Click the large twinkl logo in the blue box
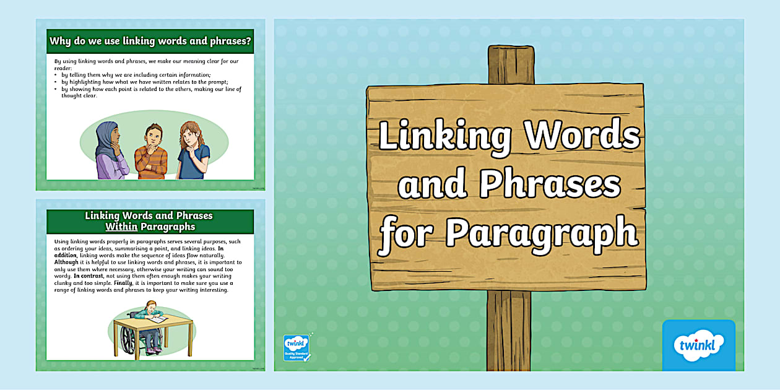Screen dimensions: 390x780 (x=698, y=345)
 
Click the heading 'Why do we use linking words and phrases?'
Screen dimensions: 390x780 (x=150, y=41)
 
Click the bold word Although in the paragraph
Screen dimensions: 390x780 (x=67, y=262)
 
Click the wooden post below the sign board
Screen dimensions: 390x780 (x=508, y=328)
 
